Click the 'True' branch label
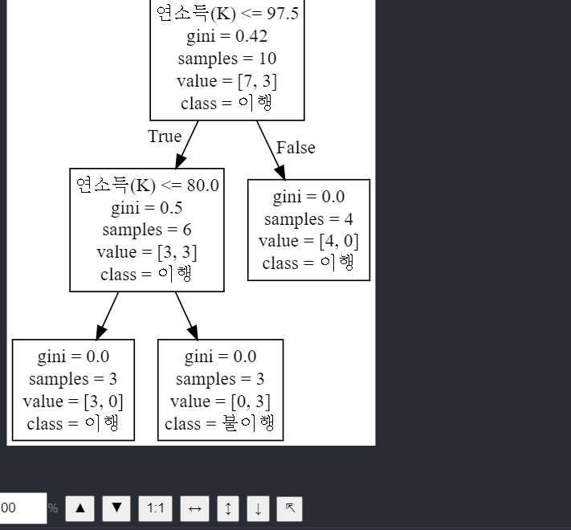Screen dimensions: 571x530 [x=165, y=137]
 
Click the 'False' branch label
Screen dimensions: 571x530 [x=296, y=148]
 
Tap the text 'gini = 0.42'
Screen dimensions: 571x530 [x=226, y=36]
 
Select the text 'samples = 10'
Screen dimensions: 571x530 [x=226, y=59]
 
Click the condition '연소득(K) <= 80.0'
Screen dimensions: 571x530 [x=147, y=185]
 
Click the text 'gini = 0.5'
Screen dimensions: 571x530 [x=147, y=208]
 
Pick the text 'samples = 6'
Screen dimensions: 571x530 [x=147, y=230]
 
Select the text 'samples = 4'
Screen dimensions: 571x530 [x=308, y=219]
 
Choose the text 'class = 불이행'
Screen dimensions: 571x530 [x=220, y=424]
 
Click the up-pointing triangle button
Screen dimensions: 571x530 [x=80, y=508]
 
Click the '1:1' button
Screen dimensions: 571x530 [x=156, y=508]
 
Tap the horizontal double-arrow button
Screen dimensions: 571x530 [x=194, y=508]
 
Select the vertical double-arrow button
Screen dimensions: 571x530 [x=228, y=508]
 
